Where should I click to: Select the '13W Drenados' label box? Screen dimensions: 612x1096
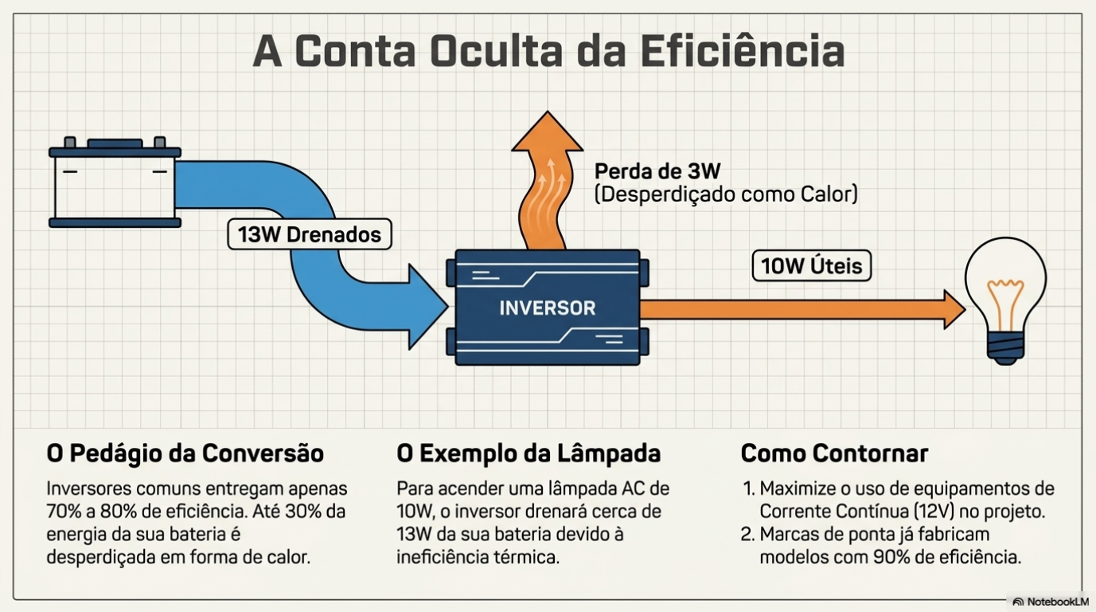point(310,234)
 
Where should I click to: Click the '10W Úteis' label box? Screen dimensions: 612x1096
point(811,265)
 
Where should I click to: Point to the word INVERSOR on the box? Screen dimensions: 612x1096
point(547,308)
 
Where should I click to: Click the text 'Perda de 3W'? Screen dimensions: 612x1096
point(657,171)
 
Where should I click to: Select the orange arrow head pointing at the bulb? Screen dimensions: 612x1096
point(953,309)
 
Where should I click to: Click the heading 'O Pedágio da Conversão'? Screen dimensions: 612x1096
point(185,453)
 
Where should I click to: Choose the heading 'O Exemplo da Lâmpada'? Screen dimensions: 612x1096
point(528,453)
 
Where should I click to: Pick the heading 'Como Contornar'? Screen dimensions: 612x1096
point(834,453)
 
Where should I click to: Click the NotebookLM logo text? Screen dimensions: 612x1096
point(1057,602)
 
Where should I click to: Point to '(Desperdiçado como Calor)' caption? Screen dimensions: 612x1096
point(726,194)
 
